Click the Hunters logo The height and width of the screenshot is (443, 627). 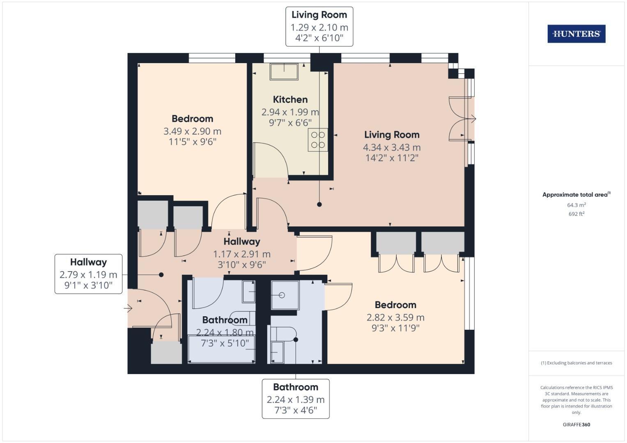click(576, 34)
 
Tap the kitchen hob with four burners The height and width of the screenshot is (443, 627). click(318, 140)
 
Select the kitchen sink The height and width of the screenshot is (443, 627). click(284, 72)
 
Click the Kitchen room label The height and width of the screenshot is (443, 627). click(290, 100)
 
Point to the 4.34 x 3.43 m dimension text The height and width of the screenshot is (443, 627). click(391, 147)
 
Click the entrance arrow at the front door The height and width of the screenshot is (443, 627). click(128, 308)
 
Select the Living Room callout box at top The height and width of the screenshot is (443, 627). click(319, 27)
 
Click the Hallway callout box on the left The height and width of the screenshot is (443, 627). click(88, 274)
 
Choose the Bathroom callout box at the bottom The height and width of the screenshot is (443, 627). click(296, 399)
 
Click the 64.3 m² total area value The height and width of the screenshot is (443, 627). click(576, 205)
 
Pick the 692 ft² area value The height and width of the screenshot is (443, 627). click(576, 214)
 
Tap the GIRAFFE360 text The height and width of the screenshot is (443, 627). click(576, 425)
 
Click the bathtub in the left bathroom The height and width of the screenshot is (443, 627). click(221, 349)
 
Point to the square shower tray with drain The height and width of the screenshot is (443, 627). click(285, 295)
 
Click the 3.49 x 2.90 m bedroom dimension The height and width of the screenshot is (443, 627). click(192, 131)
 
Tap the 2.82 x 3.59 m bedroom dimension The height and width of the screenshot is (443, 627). click(395, 317)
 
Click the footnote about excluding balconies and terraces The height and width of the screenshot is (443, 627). click(576, 363)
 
